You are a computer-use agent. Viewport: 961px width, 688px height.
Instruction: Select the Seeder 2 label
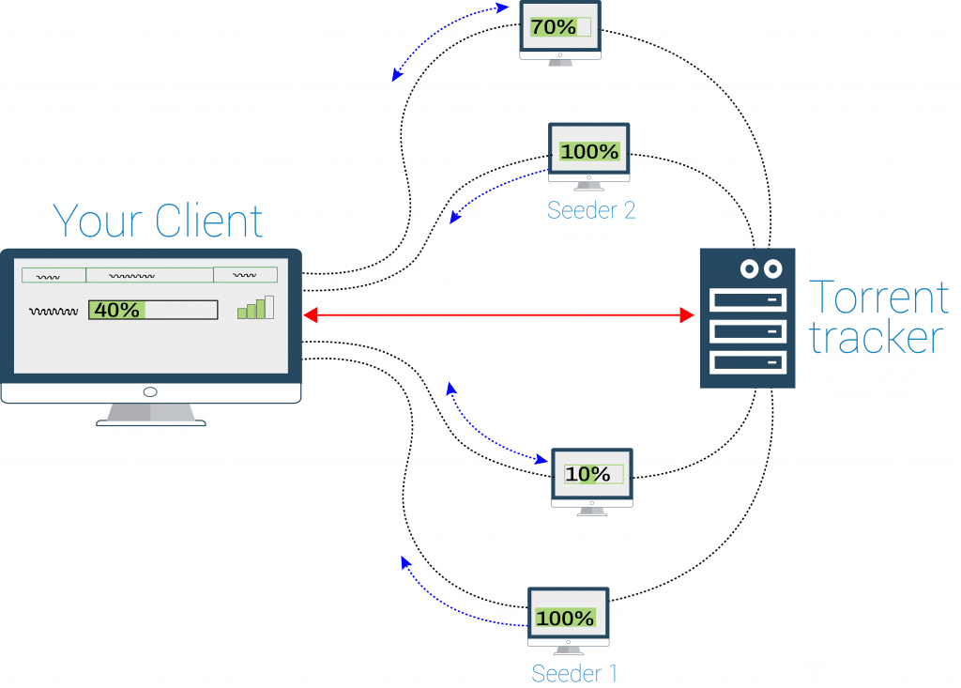point(591,210)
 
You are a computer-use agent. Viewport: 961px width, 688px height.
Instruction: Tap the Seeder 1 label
point(574,672)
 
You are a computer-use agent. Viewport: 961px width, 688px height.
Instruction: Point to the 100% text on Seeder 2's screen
point(589,151)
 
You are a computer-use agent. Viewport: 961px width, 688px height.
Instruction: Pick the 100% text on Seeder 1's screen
point(565,619)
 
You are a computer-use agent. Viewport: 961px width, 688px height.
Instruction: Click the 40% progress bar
point(153,310)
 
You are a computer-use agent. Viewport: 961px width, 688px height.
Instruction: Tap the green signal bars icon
point(255,308)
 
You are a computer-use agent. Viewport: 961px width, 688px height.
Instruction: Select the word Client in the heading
point(209,221)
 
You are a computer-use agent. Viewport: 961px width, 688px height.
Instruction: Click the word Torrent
point(878,298)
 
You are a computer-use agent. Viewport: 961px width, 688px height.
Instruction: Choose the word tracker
point(876,338)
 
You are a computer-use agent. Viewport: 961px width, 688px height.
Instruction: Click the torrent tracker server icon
point(747,318)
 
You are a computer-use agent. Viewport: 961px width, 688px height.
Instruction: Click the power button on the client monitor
point(150,391)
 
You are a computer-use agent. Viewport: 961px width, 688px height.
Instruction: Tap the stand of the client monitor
point(150,414)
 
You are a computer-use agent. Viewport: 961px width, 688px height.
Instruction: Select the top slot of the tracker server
point(747,300)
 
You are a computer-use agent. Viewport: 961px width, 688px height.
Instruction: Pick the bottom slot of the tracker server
point(747,361)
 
